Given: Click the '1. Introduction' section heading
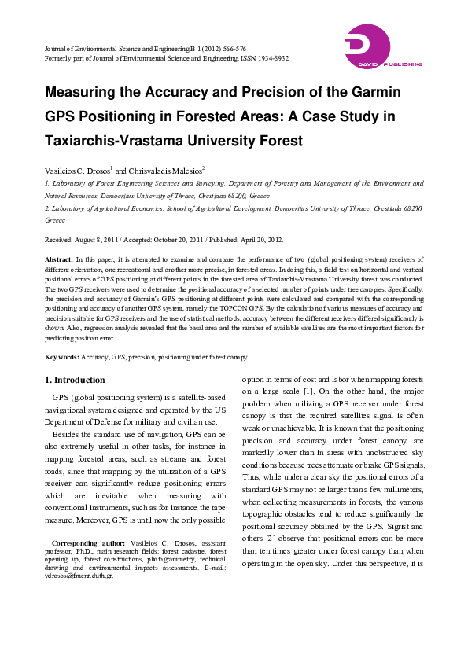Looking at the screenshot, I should click(75, 380).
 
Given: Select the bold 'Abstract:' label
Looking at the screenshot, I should click(59, 259).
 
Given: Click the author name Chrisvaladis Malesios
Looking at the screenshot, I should click(166, 170).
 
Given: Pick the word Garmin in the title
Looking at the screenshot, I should click(374, 92).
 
